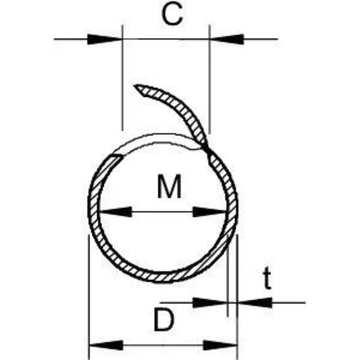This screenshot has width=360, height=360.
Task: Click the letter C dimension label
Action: coord(172,14)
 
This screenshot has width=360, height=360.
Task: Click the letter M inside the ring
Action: coord(169,186)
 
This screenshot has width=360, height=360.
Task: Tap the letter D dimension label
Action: coord(163,320)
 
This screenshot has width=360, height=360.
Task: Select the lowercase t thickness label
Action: coord(267,279)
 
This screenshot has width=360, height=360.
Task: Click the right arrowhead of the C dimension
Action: coord(227,39)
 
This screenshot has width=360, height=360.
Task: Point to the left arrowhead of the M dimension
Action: coord(115,212)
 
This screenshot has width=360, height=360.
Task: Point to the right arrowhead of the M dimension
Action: coord(210,212)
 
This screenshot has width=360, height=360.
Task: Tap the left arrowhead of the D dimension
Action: coord(106,346)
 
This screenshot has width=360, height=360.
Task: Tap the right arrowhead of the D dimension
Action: coord(220,346)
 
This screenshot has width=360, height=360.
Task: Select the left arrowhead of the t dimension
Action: coord(210,303)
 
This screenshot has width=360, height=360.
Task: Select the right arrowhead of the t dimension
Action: coord(254,303)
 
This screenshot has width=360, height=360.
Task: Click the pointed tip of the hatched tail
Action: coord(135,85)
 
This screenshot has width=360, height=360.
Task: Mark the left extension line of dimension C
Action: coord(122,78)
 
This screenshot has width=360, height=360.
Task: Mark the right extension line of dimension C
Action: coord(210,79)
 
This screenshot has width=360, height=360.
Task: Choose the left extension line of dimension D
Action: coord(89,297)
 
